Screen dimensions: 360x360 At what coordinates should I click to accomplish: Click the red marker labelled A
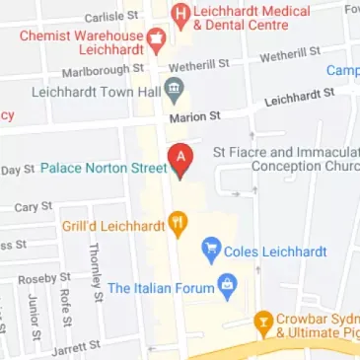tap(180, 159)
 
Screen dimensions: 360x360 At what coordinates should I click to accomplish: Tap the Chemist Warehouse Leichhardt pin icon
tap(155, 39)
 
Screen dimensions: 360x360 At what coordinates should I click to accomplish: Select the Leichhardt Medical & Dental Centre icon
tap(180, 15)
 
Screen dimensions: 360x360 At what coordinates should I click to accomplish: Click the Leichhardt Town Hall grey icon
tap(174, 91)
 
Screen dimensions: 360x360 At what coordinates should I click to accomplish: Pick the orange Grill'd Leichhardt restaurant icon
tap(178, 224)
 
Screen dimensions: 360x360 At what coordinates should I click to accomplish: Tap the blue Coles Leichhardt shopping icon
tap(210, 251)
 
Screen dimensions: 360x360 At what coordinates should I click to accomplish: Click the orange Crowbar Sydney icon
tap(263, 321)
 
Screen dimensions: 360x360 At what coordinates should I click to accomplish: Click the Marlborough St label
tap(103, 71)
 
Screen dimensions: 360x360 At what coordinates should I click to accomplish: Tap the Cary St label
tap(33, 207)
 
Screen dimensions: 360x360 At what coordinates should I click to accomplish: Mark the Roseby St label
tap(46, 279)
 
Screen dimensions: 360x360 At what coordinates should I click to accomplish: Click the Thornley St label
tap(97, 266)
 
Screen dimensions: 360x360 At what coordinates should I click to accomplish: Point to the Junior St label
tap(34, 316)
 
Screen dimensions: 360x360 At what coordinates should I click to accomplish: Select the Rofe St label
tap(65, 309)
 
